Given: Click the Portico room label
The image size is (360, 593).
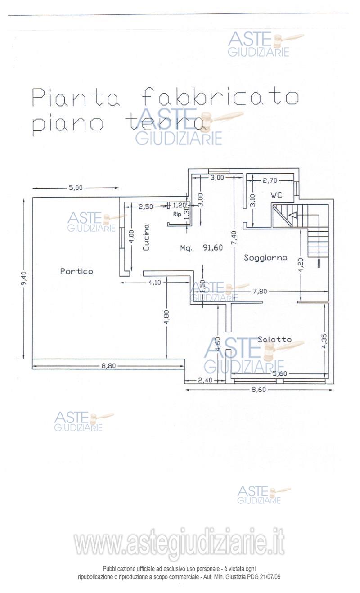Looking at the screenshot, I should click(76, 271).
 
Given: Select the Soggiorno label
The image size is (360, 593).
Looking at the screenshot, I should click(265, 258).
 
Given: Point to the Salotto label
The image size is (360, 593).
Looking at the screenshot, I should click(274, 340).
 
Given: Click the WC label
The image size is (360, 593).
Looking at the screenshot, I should click(276, 195).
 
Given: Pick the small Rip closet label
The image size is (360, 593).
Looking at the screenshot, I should click(177, 215).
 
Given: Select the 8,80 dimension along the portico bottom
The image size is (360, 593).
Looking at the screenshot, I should click(108, 366).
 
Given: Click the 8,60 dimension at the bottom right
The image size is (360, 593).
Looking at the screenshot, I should click(259, 390).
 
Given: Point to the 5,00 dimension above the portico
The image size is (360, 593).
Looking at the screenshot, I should click(76, 188).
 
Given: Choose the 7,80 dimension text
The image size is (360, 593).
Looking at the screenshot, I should click(260, 292).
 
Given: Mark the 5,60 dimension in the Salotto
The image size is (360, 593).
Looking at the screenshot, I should click(279, 373).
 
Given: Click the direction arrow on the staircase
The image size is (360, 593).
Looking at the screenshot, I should click(293, 215).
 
